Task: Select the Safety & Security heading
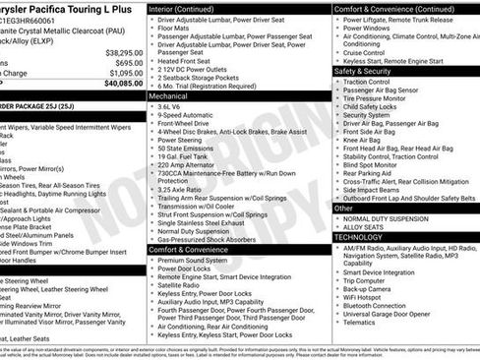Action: click(x=370, y=71)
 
